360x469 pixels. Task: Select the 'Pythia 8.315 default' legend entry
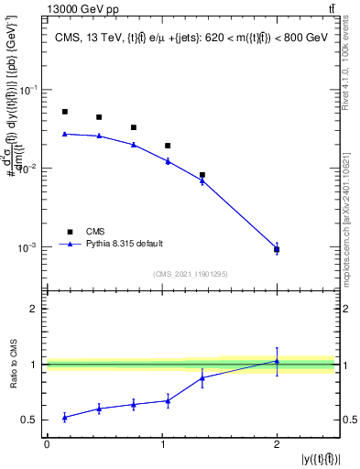125,244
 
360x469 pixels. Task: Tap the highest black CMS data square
65,112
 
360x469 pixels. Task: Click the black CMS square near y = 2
277,249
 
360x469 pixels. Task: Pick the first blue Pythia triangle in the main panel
65,134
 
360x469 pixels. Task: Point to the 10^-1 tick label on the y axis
29,90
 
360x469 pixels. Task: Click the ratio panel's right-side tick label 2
345,309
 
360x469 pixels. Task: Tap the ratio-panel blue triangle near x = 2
277,361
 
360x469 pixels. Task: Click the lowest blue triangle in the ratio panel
65,417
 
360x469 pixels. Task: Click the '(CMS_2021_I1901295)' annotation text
191,274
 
